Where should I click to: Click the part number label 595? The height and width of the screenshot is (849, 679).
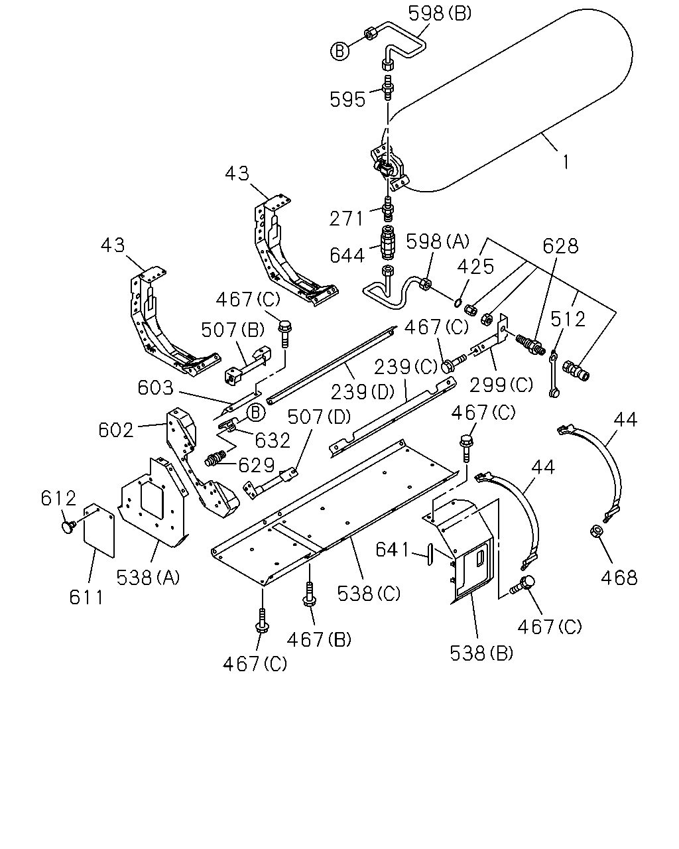point(347,99)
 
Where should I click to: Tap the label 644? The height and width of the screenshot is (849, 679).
point(347,255)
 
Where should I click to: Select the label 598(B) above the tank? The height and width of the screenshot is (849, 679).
point(440,13)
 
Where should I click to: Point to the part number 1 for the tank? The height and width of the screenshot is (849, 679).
point(566,162)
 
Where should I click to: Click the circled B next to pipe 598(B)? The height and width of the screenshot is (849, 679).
point(339,51)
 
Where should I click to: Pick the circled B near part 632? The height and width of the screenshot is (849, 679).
point(256,413)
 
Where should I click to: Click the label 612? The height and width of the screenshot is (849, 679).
point(58,498)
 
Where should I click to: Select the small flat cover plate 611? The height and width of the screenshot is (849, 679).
point(99,530)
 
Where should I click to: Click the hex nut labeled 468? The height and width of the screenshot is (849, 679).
point(595,531)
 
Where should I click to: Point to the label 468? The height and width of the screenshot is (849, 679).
point(619,578)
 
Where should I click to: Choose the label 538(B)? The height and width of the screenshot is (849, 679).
point(481,653)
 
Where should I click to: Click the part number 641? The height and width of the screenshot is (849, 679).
point(392,549)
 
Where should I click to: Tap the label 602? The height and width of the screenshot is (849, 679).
point(116,430)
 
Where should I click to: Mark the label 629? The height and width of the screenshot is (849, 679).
point(256,466)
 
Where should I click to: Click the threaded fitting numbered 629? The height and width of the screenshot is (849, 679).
point(216,459)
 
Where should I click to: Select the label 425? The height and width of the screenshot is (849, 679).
point(475,267)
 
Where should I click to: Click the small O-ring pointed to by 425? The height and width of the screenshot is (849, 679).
point(458,302)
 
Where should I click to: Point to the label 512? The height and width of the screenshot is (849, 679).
point(568,319)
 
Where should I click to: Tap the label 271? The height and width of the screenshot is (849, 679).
point(346,219)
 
